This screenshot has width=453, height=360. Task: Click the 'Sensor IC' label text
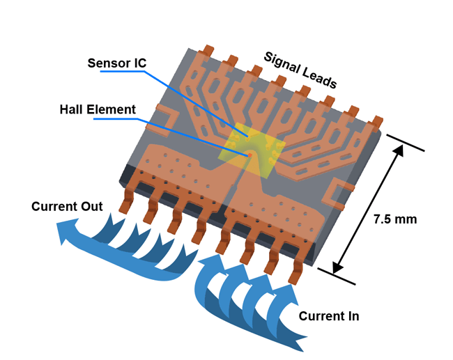point(116,63)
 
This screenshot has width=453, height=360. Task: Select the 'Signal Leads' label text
point(300,70)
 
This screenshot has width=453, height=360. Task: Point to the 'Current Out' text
point(67,206)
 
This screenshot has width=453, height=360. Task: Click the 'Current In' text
point(329,315)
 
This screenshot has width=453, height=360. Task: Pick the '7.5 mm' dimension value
point(395,219)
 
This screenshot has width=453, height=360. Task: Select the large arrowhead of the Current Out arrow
point(68,230)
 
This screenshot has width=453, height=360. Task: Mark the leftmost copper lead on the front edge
point(128,202)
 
